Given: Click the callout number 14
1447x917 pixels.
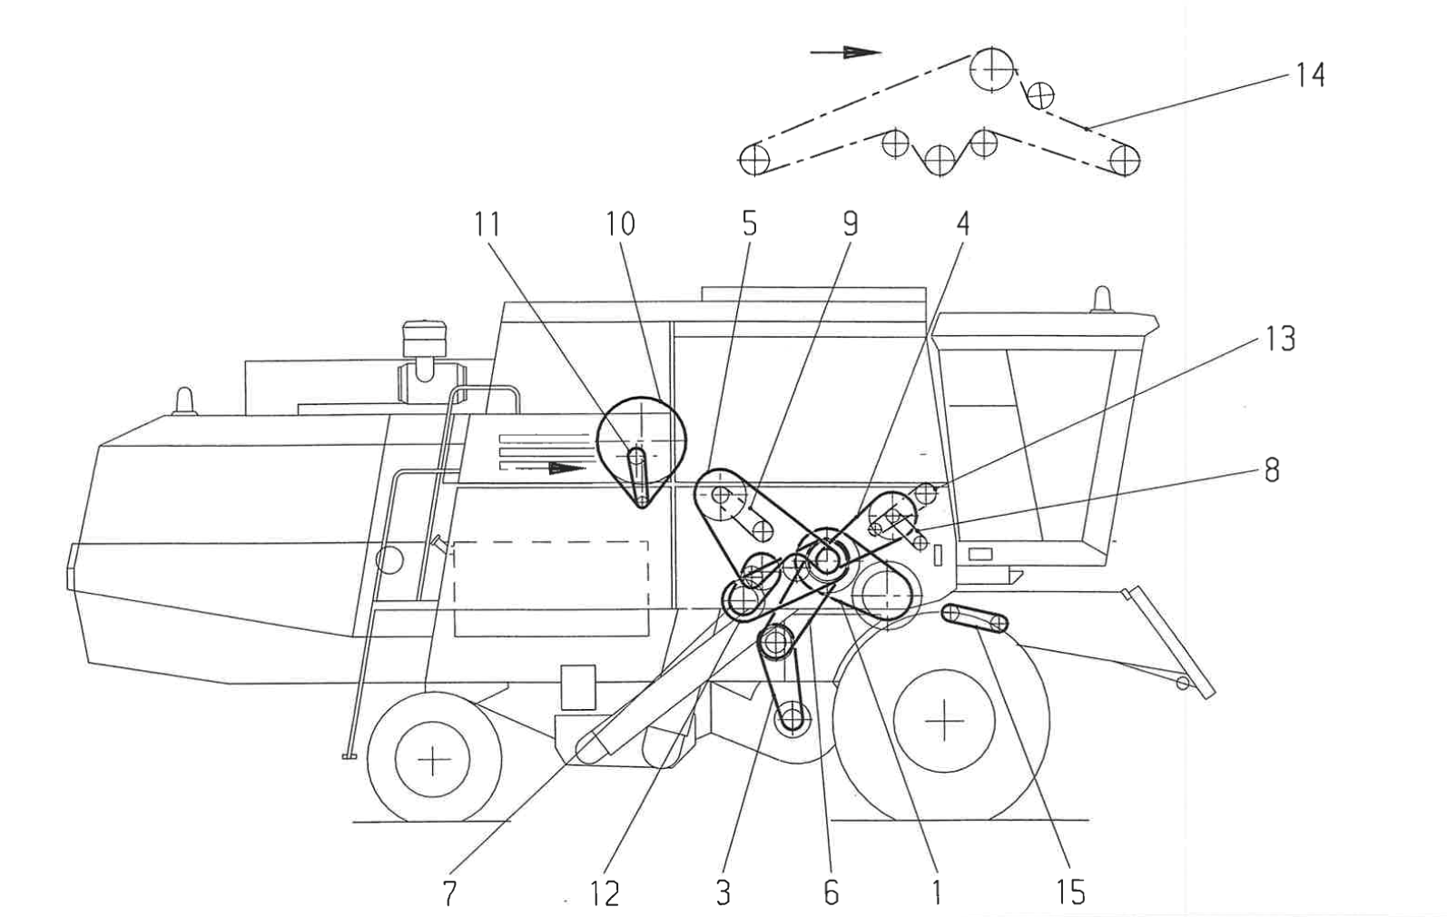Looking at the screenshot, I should tap(1310, 74).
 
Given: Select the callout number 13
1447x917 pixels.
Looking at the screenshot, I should tap(1280, 339).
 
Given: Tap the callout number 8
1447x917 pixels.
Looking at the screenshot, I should tap(1271, 469).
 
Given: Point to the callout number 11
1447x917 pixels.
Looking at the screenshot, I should tap(487, 223).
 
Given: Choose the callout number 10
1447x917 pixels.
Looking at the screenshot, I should tap(621, 223).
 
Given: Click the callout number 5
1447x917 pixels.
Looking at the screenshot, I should tap(749, 223).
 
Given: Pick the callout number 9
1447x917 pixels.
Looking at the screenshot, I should tap(850, 223).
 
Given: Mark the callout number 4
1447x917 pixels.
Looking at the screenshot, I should tap(963, 223).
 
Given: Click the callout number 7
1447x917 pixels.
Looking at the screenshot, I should tap(449, 892).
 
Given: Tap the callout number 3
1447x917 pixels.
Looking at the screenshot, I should tap(723, 892).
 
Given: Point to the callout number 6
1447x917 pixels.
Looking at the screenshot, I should tap(831, 892).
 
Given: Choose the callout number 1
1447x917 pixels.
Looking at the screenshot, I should tap(937, 892).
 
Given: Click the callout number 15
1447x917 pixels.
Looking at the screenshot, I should tap(1070, 892).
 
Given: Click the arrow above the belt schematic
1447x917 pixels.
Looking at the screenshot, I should tap(845, 53).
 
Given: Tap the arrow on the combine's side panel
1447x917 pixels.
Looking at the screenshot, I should tap(566, 468).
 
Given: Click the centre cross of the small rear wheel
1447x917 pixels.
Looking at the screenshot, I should tap(434, 759).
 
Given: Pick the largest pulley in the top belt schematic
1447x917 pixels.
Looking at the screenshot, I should tap(991, 68).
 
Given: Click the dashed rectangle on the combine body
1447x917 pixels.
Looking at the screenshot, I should tap(551, 588).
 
